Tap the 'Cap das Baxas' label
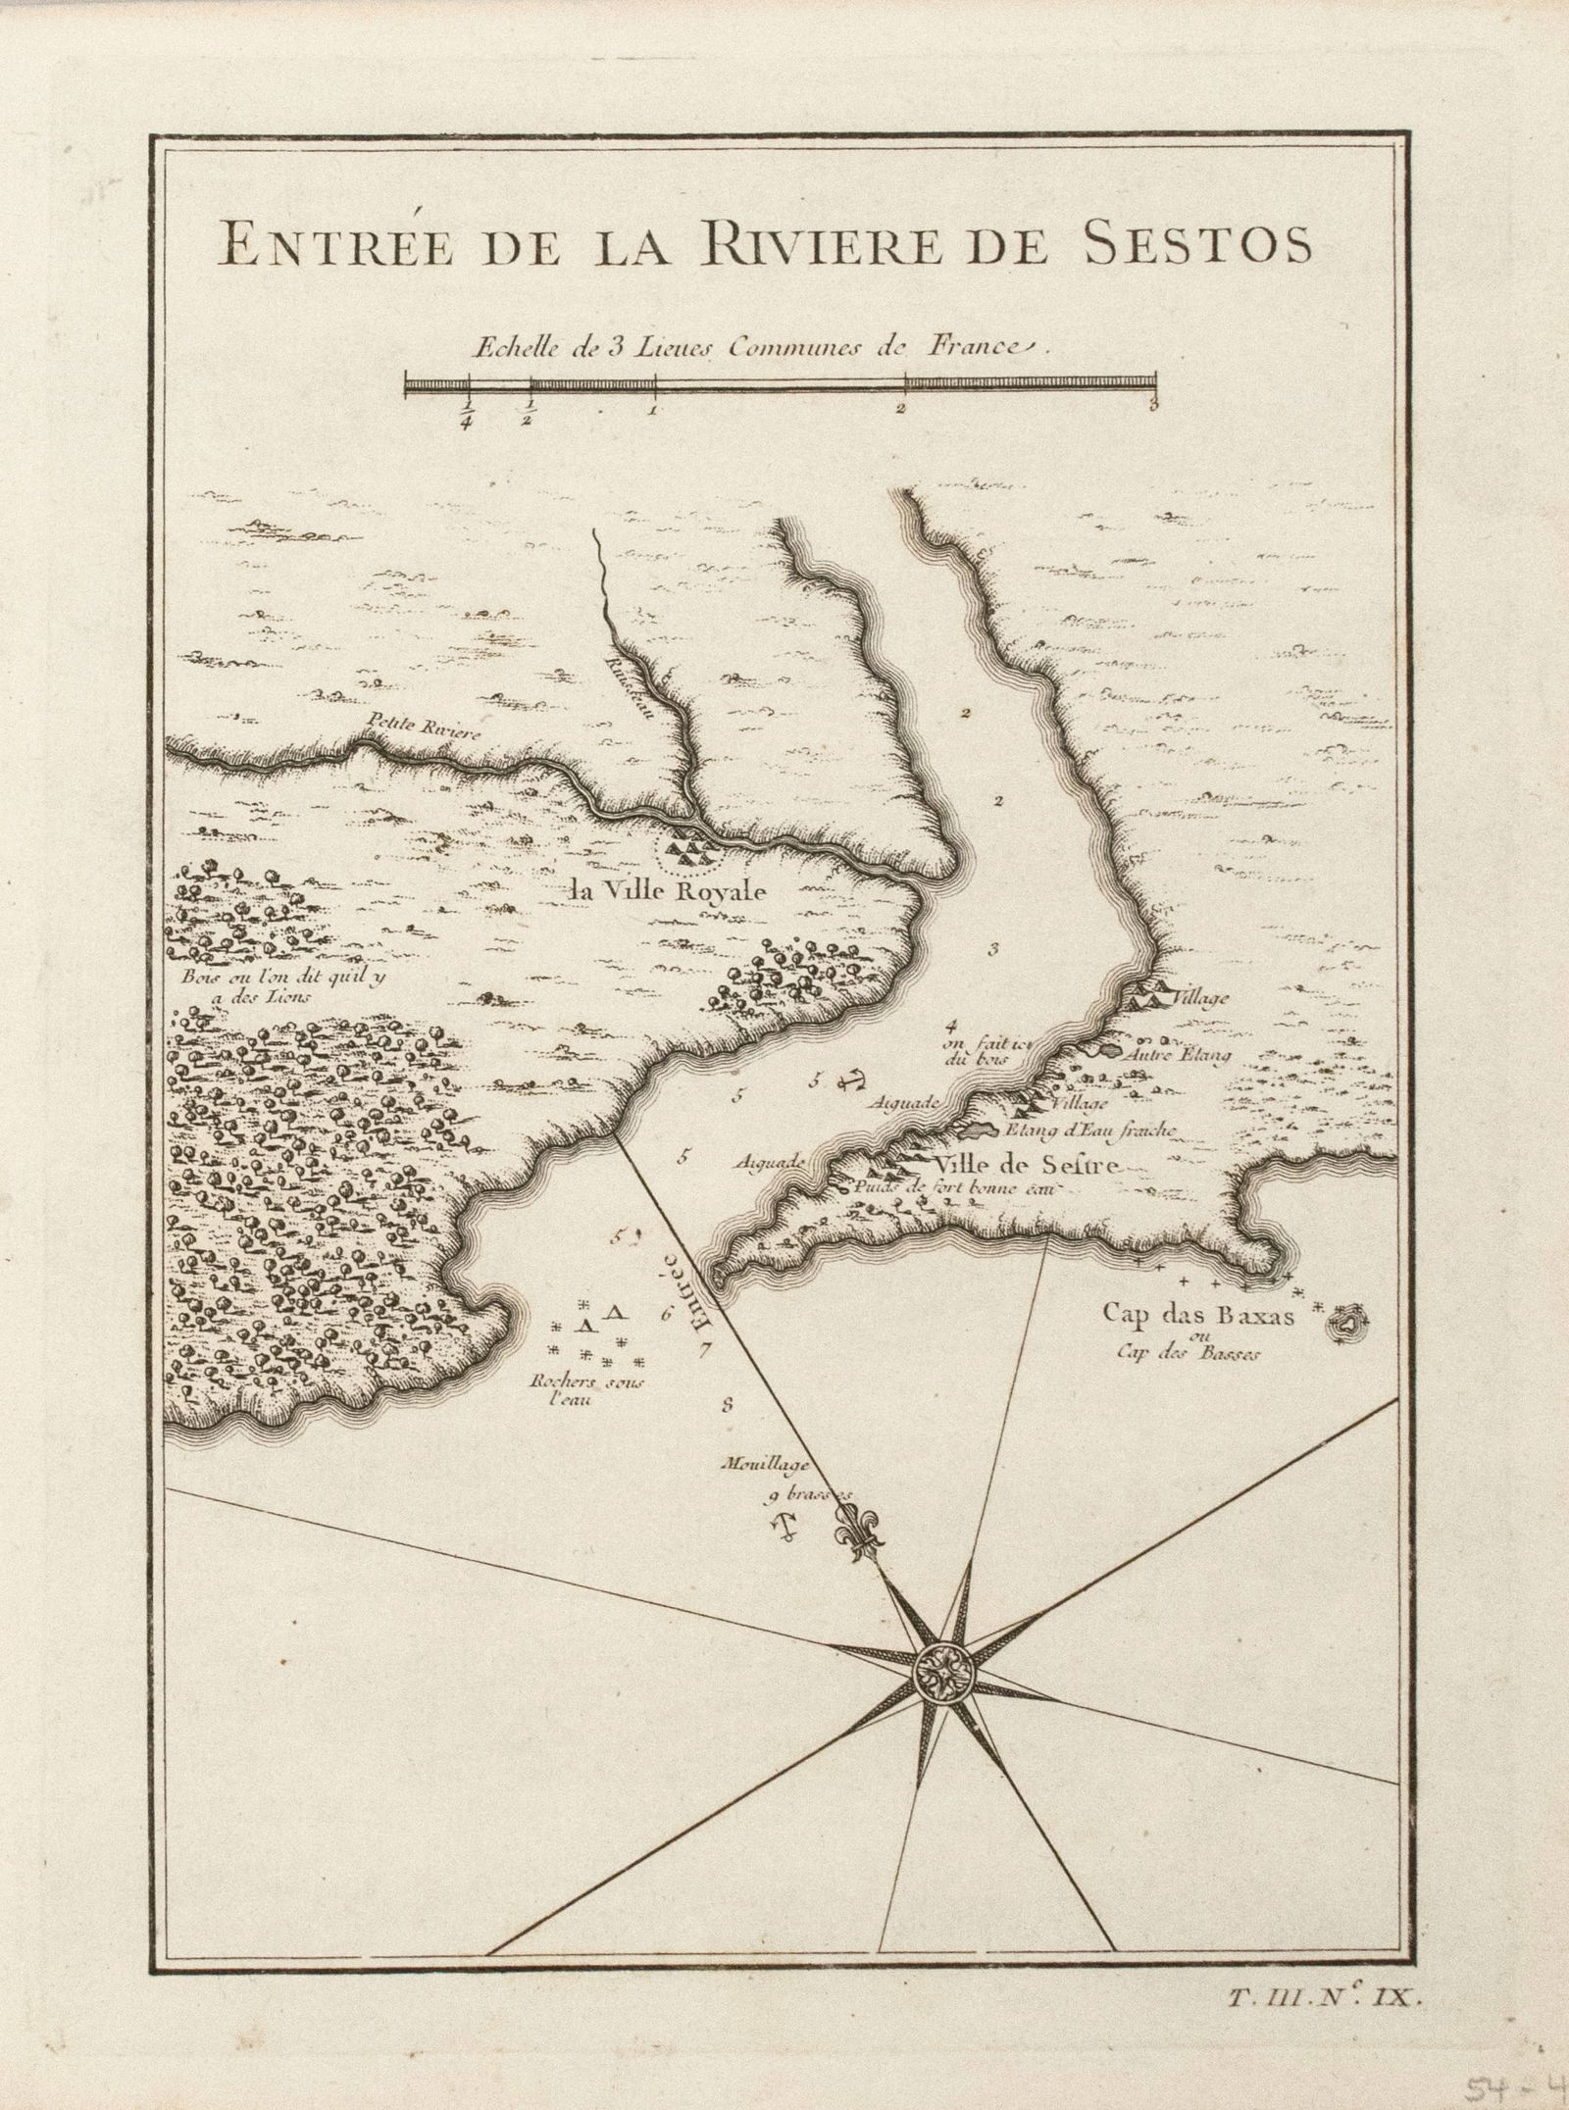[x=1196, y=1316]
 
